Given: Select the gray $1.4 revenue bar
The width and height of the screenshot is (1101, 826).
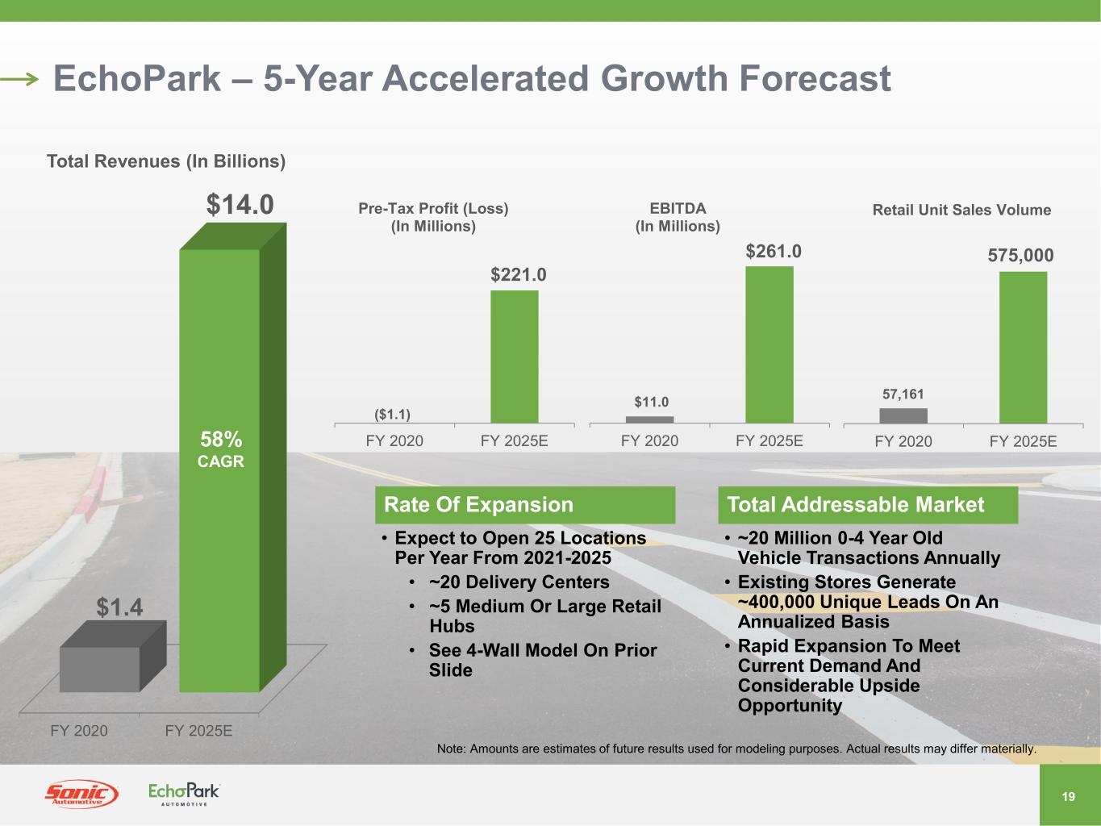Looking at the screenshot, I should tap(101, 668).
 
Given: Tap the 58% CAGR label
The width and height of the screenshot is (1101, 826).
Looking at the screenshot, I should tap(221, 449).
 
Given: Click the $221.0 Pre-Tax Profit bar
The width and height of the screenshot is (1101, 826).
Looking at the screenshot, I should tap(515, 357).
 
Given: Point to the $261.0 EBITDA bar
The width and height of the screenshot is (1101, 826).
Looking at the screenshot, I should tap(769, 344).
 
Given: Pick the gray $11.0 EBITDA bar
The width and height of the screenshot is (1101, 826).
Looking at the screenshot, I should tap(649, 419).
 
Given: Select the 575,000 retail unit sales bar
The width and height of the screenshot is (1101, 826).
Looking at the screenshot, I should tap(1023, 347).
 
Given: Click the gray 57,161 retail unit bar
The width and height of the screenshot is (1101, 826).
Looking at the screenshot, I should tap(903, 415).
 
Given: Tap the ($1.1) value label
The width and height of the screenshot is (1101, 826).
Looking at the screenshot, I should tap(393, 415).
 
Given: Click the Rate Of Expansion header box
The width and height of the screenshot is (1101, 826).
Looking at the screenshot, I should tap(525, 505).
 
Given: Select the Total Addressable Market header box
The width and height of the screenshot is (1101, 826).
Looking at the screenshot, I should tap(868, 505).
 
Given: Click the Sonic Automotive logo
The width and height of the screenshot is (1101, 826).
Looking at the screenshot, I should tap(81, 795).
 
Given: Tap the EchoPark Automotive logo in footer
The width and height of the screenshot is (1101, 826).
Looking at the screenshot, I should tap(184, 794).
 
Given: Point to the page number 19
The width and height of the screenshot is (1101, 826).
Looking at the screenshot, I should tap(1069, 797).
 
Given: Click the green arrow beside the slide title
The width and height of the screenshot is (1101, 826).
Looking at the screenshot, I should tap(20, 79).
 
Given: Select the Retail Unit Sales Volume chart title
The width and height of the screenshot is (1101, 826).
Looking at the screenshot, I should tap(961, 210).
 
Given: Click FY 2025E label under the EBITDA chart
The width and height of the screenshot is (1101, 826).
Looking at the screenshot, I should tap(769, 441).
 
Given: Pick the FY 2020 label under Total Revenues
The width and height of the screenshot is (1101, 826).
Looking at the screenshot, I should tap(79, 731).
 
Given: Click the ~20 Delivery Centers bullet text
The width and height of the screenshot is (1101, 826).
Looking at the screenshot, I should tap(519, 582).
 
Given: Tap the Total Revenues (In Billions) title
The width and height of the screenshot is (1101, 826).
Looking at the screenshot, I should tap(166, 161).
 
